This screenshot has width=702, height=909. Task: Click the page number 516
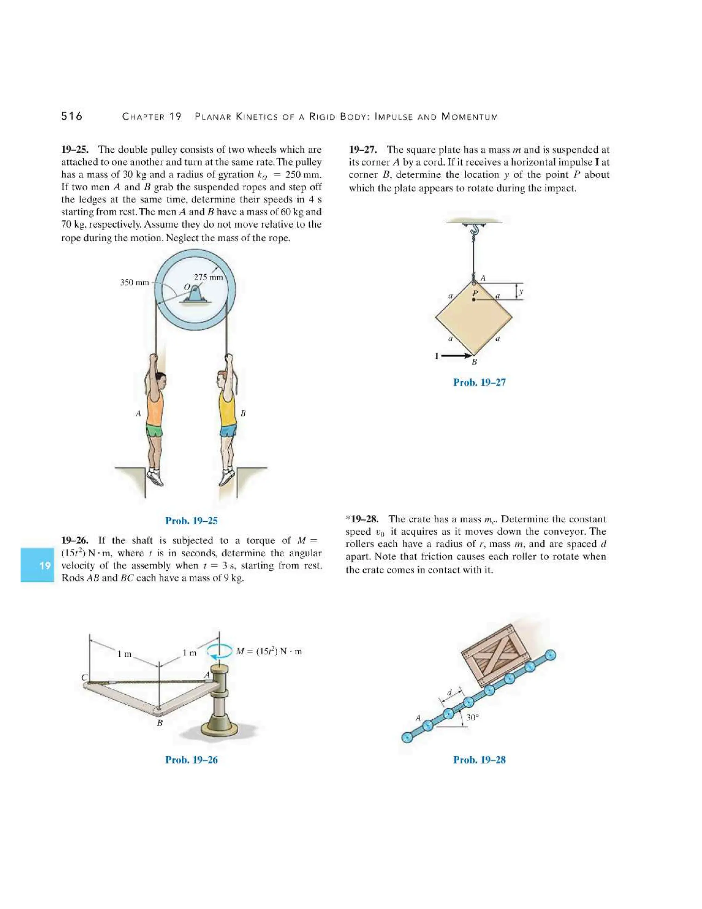click(72, 116)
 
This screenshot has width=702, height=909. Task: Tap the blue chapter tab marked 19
click(37, 565)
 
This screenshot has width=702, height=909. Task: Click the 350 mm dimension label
click(134, 282)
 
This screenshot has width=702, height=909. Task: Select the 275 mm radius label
click(208, 277)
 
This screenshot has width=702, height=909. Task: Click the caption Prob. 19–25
click(191, 520)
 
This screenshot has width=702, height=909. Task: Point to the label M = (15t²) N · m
click(269, 651)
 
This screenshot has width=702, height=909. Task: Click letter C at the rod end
click(84, 677)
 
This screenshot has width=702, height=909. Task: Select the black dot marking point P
click(474, 299)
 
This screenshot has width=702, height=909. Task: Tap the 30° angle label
click(472, 718)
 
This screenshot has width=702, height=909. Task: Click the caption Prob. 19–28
click(479, 759)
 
